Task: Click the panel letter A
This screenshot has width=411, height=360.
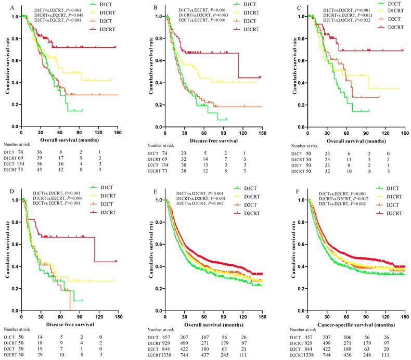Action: [x=6, y=7]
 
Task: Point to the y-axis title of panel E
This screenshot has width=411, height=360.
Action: [x=152, y=255]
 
